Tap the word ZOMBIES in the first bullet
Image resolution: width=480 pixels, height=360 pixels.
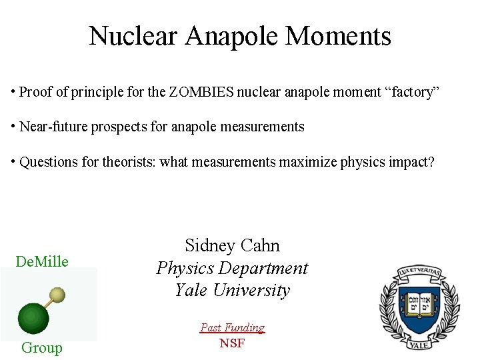point(201,92)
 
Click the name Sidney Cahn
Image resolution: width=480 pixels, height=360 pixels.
point(232,245)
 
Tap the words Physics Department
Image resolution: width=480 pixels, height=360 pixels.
point(232,268)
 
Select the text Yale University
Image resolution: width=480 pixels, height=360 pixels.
point(232,291)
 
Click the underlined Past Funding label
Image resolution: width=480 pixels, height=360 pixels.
point(232,327)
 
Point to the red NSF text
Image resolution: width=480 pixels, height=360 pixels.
point(232,343)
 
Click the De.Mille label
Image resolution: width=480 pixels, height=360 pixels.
point(42,261)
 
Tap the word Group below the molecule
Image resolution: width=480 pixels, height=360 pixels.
point(41,347)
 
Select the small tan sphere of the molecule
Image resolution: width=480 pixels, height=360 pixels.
point(58,295)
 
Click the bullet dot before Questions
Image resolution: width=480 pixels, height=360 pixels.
point(13,162)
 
